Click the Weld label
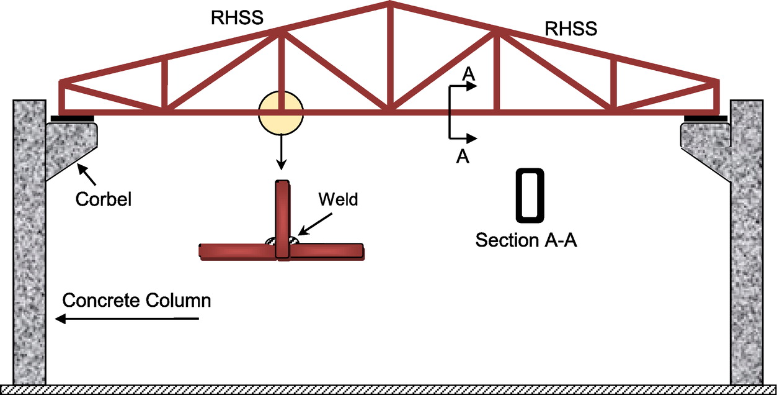coord(339,200)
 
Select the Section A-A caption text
coord(526,240)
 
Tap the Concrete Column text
coord(137,301)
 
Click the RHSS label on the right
coord(571,28)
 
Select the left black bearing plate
coord(72,118)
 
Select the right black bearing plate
coord(706,118)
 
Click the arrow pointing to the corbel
coord(87,175)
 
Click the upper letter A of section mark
coord(469,74)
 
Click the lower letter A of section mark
coord(461,157)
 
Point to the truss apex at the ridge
coord(389,6)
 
